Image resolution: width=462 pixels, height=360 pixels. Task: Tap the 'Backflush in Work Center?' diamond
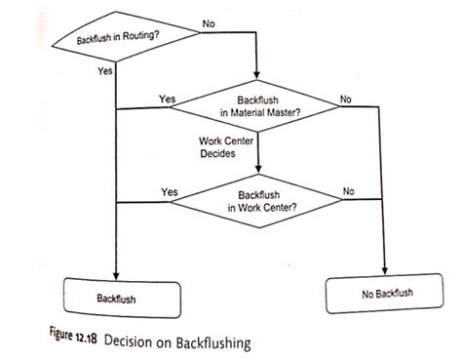tap(260, 201)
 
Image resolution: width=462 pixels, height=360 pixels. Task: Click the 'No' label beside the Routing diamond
tap(210, 22)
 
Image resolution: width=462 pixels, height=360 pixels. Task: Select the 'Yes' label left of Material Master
tap(167, 100)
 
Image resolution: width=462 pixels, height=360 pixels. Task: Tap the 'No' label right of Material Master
tap(346, 99)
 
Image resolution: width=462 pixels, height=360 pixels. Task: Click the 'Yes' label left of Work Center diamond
tap(169, 191)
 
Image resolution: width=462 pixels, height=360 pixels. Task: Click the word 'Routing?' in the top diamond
tap(142, 36)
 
